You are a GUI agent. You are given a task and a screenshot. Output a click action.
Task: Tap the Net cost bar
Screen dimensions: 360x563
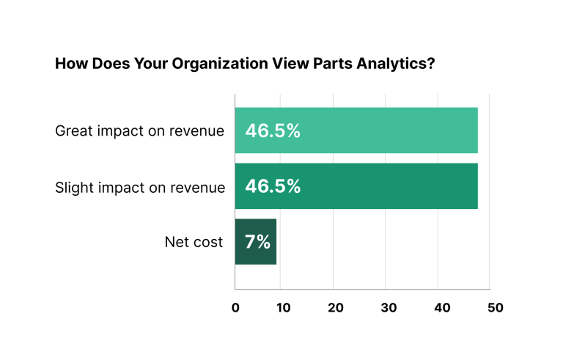tap(256, 242)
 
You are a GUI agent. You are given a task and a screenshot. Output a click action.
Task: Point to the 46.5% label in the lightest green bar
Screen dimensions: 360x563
tap(273, 131)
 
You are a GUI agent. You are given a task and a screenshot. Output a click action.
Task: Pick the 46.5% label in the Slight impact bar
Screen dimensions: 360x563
tap(273, 186)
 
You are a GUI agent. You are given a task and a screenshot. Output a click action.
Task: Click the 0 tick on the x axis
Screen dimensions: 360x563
tap(235, 308)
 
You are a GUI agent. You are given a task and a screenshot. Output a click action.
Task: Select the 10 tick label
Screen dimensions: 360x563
tap(284, 308)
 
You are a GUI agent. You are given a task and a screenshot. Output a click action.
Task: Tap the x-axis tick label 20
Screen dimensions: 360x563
tap(336, 308)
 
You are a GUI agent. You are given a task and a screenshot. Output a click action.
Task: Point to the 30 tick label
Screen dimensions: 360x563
tap(389, 308)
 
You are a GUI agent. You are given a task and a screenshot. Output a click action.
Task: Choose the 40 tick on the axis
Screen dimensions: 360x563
tap(442, 308)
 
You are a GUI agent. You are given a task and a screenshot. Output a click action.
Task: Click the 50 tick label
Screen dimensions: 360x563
tap(495, 308)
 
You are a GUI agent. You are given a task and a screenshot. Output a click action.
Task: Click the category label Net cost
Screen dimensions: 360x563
tap(194, 242)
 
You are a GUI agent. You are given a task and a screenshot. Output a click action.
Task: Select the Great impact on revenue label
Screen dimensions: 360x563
tap(139, 131)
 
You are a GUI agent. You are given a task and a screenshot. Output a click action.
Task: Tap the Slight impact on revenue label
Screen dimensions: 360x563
tap(140, 187)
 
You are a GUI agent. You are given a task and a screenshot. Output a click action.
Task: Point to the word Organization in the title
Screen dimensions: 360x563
tap(214, 65)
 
